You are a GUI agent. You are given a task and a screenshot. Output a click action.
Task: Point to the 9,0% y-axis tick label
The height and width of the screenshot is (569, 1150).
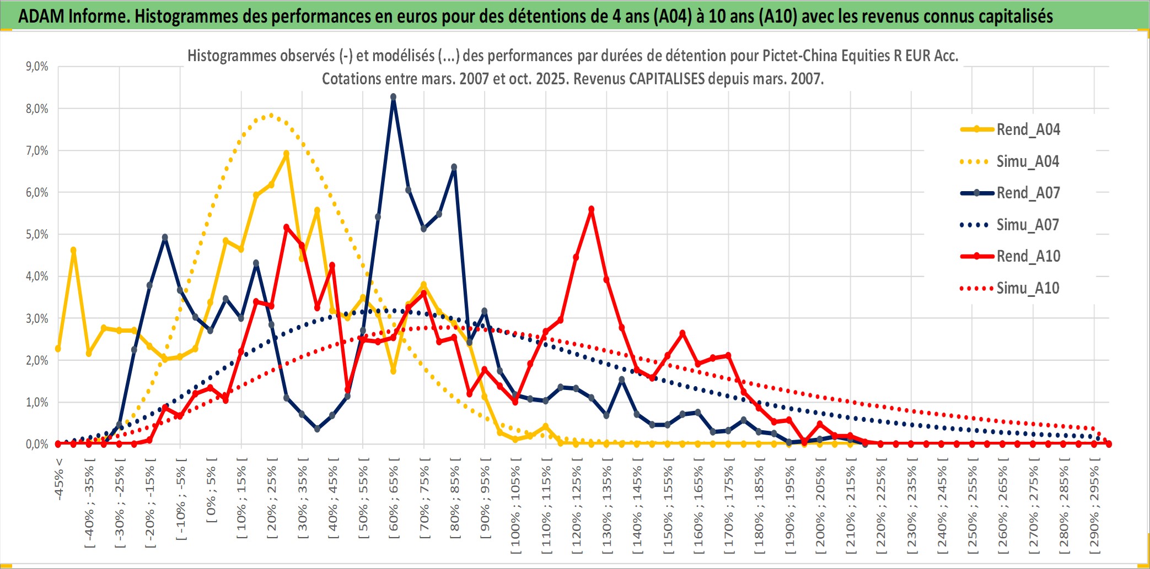pyautogui.click(x=37, y=67)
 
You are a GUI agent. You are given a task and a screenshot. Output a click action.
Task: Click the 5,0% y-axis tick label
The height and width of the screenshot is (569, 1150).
pyautogui.click(x=37, y=235)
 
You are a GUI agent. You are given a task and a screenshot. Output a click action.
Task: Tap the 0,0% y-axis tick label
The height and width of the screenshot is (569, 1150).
pyautogui.click(x=37, y=444)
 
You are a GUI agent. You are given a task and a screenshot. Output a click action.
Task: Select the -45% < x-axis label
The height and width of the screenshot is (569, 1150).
pyautogui.click(x=59, y=479)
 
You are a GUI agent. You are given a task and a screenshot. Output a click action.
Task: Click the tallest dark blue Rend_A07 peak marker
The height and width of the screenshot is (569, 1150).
pyautogui.click(x=393, y=97)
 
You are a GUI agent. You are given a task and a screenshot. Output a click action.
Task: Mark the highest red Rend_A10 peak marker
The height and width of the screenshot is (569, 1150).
pyautogui.click(x=591, y=209)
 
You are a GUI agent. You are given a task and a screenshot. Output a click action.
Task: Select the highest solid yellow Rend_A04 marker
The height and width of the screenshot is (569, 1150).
pyautogui.click(x=286, y=154)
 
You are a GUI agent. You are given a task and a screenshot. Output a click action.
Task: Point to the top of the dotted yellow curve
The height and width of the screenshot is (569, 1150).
pyautogui.click(x=271, y=115)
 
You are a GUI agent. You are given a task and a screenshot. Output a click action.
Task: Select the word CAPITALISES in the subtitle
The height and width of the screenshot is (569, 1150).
pyautogui.click(x=667, y=79)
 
